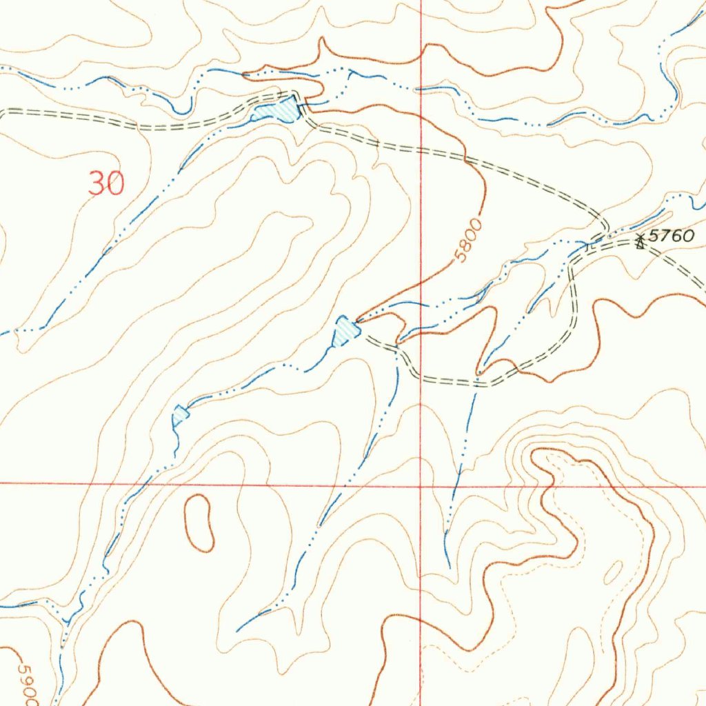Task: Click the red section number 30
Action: (107, 183)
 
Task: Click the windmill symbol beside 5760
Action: (641, 241)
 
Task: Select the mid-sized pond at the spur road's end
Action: (346, 330)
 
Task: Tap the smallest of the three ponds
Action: (181, 415)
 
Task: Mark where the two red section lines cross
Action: (421, 485)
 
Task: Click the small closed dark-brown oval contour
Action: (200, 523)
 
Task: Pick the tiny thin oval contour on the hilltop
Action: (613, 572)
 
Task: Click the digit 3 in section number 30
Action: (97, 183)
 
